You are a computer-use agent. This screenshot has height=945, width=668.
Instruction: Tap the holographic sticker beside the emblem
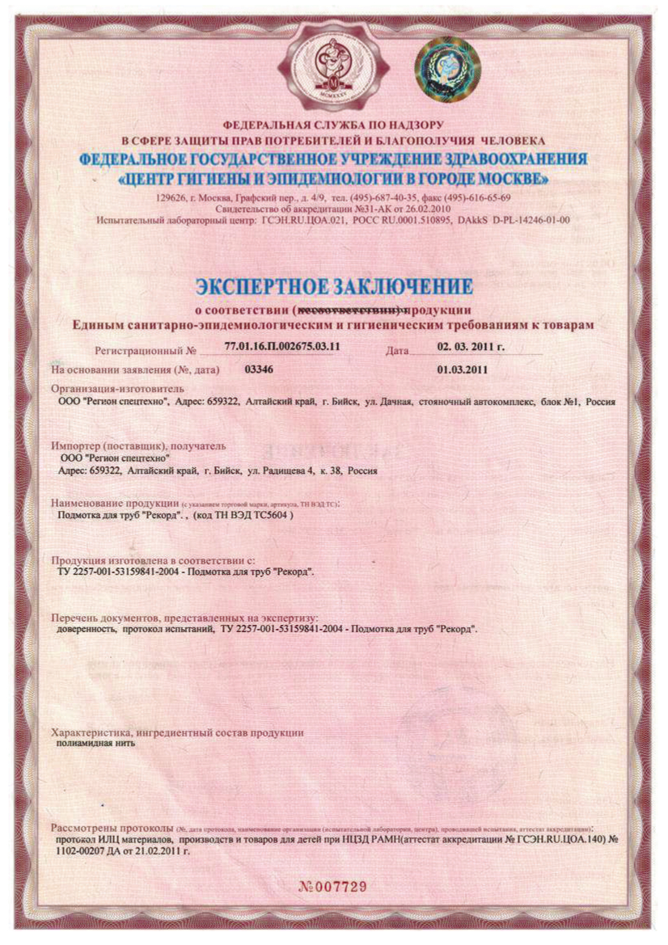tap(446, 67)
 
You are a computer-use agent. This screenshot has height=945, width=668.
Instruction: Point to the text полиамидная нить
tap(91, 744)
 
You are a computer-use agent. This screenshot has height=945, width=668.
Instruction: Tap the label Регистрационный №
tap(146, 352)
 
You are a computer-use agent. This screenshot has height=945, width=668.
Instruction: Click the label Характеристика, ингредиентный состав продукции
tap(178, 732)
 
